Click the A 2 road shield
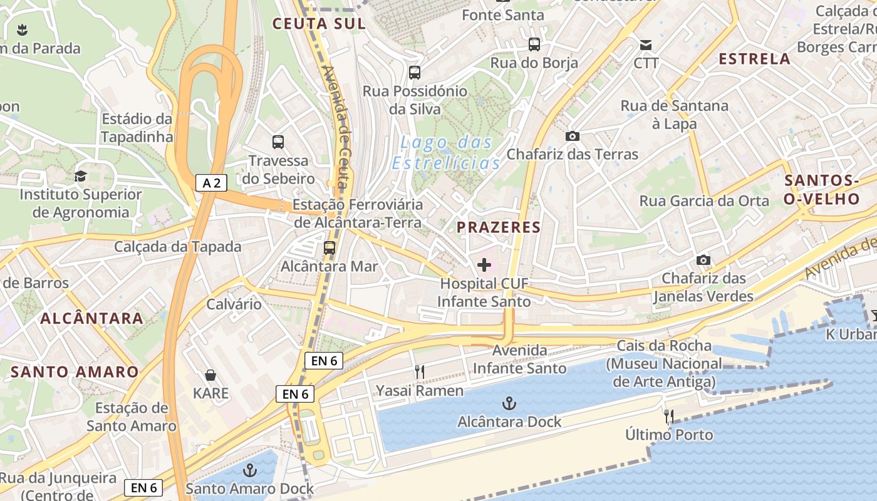click(211, 183)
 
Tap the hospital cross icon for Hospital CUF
click(484, 265)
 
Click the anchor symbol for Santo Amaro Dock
click(250, 470)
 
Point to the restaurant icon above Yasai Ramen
click(420, 372)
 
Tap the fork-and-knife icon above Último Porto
click(669, 416)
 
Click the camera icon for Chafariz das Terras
click(572, 136)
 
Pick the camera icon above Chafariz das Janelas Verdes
click(703, 260)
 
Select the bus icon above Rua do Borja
click(534, 44)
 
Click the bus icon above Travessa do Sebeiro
click(278, 142)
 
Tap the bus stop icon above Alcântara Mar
click(330, 248)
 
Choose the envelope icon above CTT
click(646, 45)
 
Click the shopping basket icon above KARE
click(210, 375)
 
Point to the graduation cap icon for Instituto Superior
click(80, 176)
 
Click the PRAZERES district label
click(499, 227)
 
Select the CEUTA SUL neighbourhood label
click(319, 24)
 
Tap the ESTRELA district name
click(754, 59)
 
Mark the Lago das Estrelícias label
click(447, 153)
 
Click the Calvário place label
click(234, 304)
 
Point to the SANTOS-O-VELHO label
click(822, 190)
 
